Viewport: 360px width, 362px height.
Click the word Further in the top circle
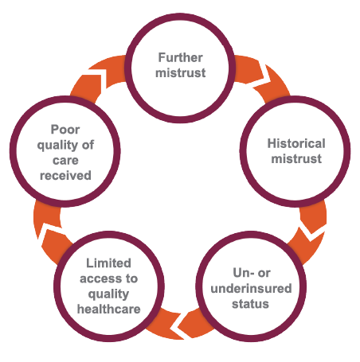tap(181, 57)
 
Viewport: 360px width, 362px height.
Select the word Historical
tap(296, 143)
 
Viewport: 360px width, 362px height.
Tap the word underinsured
tap(251, 288)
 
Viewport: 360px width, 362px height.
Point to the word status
tap(250, 304)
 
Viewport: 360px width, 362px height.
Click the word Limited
tap(108, 263)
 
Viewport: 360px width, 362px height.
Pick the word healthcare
tap(108, 309)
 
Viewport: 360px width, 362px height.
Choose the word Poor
tap(65, 130)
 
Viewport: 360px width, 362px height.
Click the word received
tap(65, 176)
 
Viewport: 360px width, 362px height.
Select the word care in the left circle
tap(65, 161)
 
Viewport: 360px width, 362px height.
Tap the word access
tap(102, 278)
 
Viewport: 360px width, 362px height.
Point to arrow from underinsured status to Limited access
tap(181, 325)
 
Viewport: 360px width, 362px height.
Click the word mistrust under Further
tap(181, 72)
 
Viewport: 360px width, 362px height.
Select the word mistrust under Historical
tap(296, 159)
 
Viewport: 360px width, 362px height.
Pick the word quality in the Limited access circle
tap(108, 294)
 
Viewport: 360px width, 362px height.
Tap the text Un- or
tap(252, 273)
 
